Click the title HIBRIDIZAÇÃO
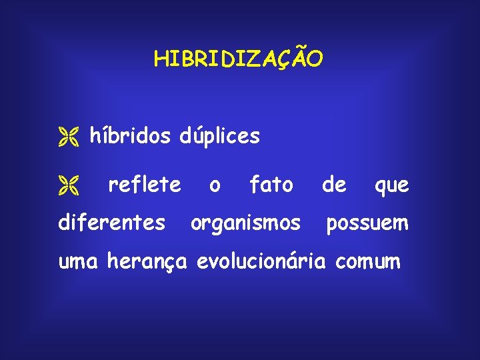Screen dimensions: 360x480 point(239,59)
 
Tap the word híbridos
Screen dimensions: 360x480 point(130,137)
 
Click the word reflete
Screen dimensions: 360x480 point(144,185)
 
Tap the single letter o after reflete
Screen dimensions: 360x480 point(214,186)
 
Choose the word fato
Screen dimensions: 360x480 point(271,185)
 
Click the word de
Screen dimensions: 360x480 point(334,185)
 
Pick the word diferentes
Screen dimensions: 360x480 point(112,223)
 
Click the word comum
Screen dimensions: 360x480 point(368,262)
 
